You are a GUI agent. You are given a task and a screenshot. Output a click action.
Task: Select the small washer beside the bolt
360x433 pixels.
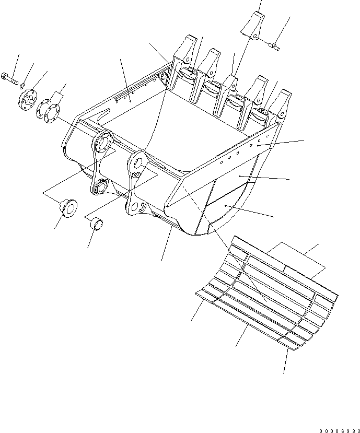click(21, 83)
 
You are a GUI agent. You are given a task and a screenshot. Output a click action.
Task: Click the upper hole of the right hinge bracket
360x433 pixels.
click(137, 160)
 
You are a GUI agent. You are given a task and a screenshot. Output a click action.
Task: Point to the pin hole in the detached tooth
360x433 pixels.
click(254, 36)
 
